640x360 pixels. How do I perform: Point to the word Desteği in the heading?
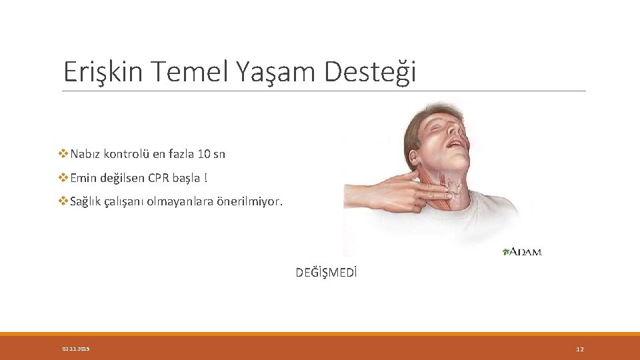tap(370, 71)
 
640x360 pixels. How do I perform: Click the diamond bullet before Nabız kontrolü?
tap(63, 154)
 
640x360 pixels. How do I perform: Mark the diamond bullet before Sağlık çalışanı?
tap(63, 201)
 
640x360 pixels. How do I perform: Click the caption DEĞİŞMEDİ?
tap(327, 272)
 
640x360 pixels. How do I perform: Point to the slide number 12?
tap(579, 349)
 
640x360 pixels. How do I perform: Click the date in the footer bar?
tap(76, 349)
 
